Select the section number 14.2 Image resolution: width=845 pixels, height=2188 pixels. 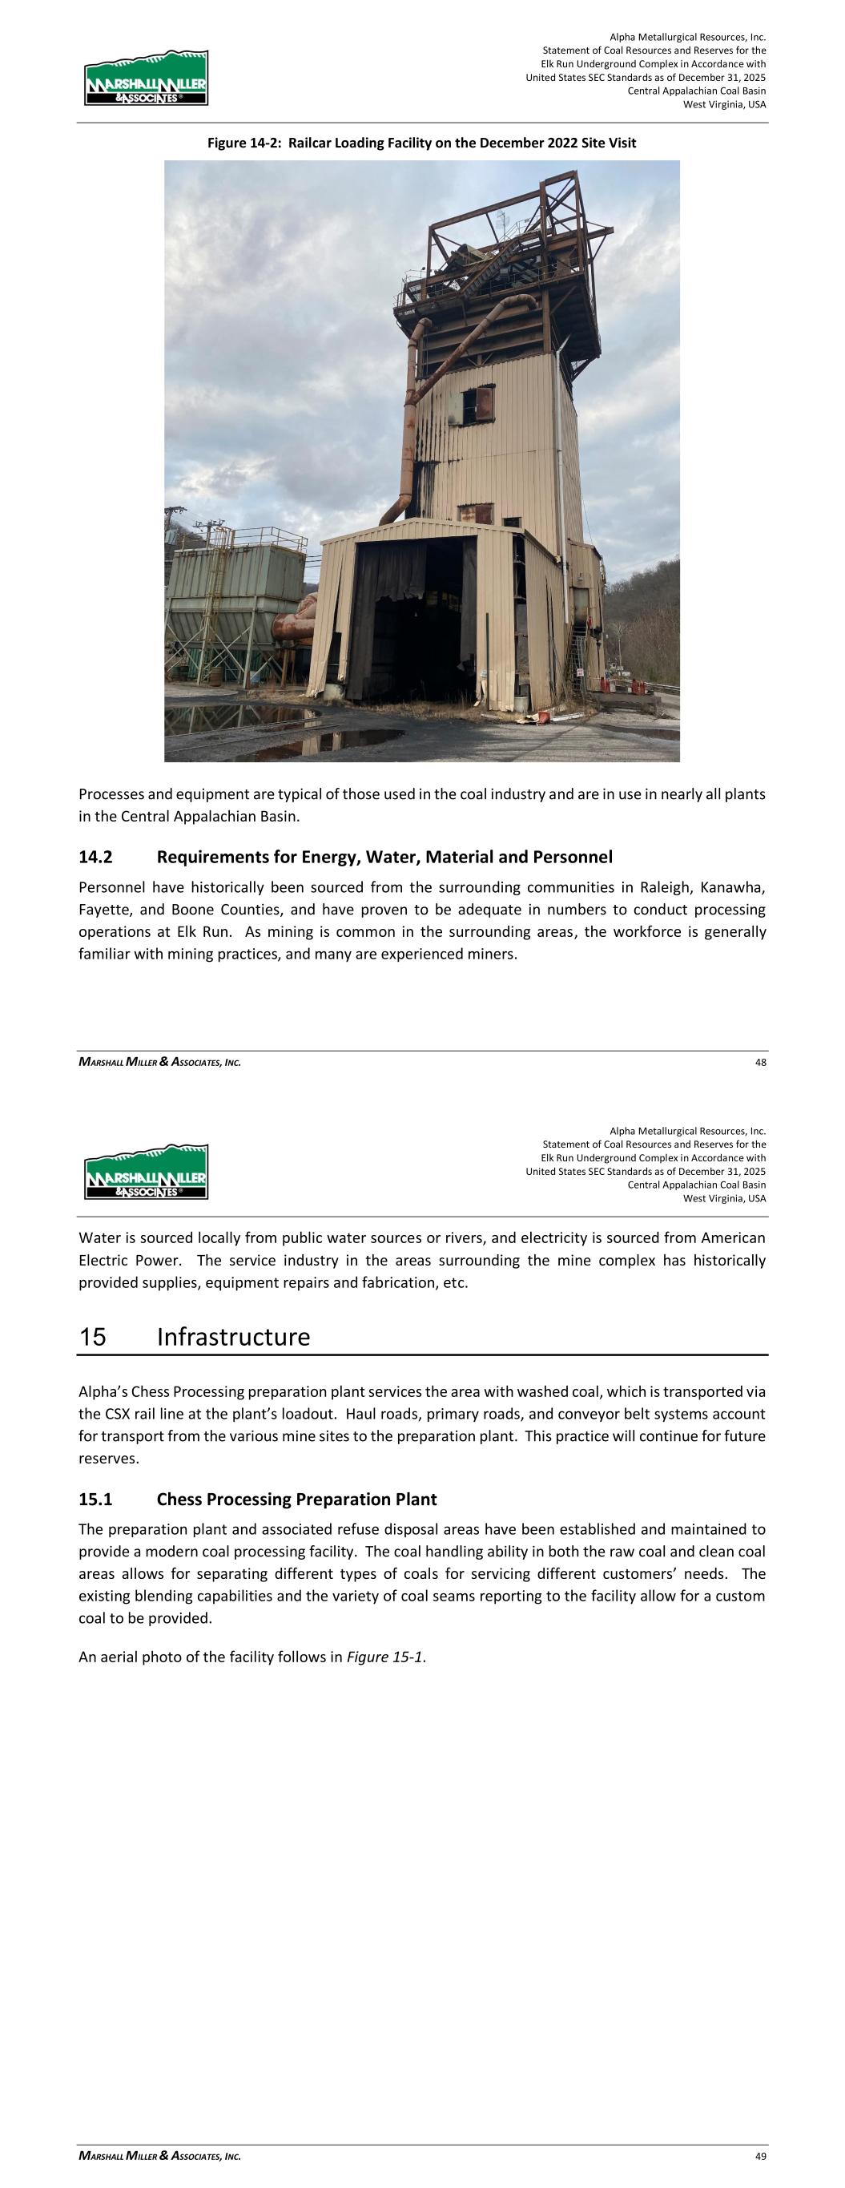[95, 856]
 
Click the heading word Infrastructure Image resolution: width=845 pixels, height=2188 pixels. [234, 1337]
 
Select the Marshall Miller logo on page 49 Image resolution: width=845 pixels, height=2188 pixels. [146, 1171]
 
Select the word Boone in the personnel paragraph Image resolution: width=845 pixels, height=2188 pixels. [171, 910]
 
